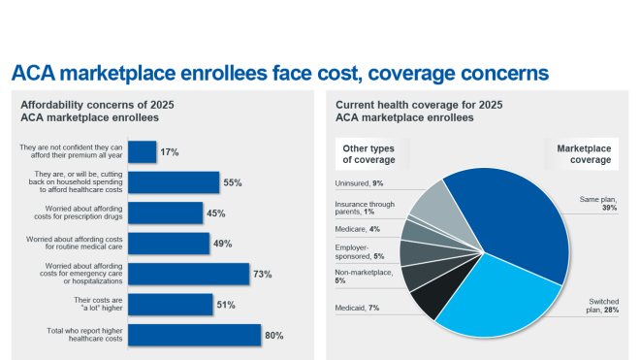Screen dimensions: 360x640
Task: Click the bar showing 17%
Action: [142, 152]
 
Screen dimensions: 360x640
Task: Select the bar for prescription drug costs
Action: [165, 213]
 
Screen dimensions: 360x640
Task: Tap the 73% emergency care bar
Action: [188, 275]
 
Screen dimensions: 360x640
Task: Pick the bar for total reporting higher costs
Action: [194, 336]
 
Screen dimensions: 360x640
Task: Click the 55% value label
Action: [232, 182]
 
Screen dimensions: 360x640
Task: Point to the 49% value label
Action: [222, 244]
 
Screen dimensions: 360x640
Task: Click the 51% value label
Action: [225, 306]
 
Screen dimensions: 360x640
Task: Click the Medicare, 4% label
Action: [358, 230]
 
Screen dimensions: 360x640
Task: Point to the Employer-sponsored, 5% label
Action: [360, 252]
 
